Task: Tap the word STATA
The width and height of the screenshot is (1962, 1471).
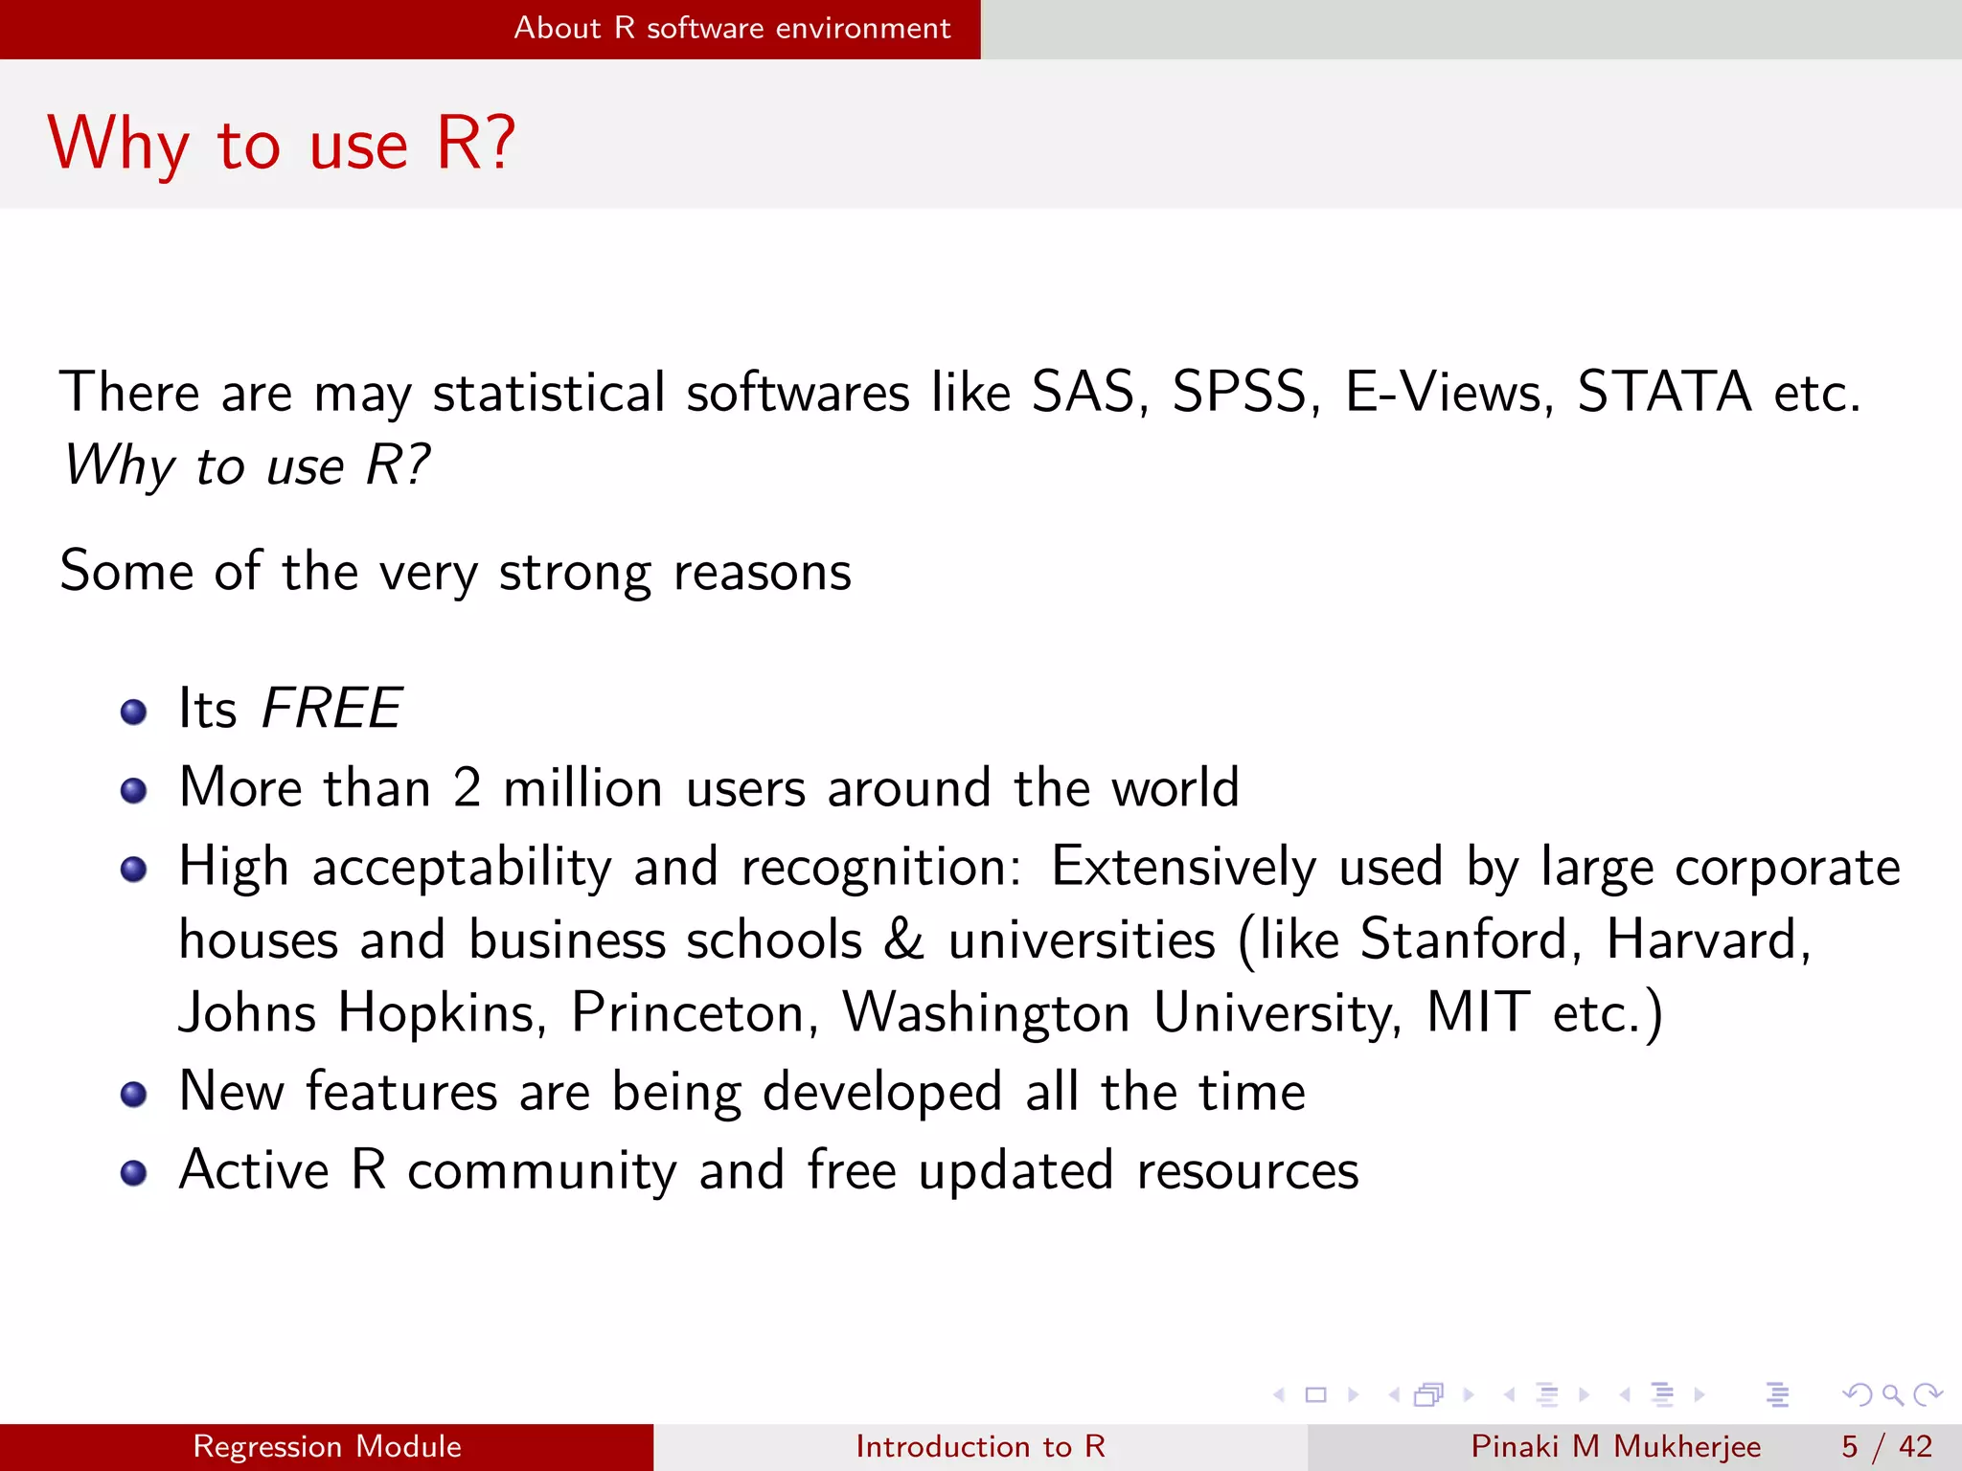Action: [x=1664, y=393]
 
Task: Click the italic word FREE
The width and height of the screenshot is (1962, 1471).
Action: [x=331, y=709]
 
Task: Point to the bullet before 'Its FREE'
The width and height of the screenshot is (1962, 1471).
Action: [x=134, y=712]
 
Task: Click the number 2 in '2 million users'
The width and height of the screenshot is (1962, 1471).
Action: [x=467, y=788]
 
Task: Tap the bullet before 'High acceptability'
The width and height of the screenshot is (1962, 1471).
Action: [x=134, y=870]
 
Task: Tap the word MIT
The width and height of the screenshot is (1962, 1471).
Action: [x=1477, y=1013]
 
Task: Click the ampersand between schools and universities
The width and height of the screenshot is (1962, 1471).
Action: [x=904, y=939]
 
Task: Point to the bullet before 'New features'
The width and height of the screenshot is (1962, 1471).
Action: [x=134, y=1094]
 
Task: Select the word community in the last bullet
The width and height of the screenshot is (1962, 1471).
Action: [x=542, y=1171]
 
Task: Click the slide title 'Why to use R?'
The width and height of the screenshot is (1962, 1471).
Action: [x=282, y=144]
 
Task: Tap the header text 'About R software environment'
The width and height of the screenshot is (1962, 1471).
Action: [x=732, y=28]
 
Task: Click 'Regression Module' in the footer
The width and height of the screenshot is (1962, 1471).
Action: [x=327, y=1446]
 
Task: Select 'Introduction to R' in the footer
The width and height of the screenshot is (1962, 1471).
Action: [x=980, y=1446]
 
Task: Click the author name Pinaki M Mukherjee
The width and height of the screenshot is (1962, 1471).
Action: [x=1615, y=1446]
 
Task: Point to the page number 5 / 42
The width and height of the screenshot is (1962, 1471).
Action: [x=1886, y=1446]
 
